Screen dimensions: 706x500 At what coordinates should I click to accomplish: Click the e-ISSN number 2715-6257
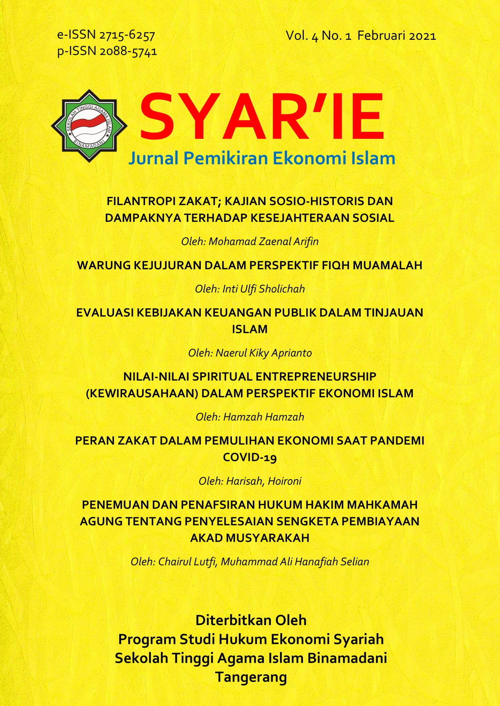(127, 35)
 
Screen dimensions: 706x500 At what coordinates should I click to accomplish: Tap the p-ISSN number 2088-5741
(128, 52)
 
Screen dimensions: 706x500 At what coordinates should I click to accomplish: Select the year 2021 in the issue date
(422, 36)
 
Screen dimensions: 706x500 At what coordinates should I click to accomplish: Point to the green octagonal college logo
(89, 126)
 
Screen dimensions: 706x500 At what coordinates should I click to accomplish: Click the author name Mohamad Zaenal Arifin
(263, 241)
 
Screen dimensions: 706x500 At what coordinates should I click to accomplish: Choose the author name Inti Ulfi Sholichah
(263, 289)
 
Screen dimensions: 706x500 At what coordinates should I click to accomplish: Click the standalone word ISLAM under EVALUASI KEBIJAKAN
(250, 329)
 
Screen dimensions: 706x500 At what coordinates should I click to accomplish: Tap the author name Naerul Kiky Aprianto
(263, 353)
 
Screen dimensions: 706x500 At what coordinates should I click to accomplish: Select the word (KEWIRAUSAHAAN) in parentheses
(142, 393)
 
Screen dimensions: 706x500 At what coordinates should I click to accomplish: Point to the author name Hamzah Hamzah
(263, 417)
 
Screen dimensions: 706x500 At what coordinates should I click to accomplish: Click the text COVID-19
(250, 457)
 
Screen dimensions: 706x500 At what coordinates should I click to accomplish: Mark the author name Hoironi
(284, 481)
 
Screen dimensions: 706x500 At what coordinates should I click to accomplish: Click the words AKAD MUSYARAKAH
(250, 538)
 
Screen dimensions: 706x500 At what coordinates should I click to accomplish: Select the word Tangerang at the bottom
(251, 677)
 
